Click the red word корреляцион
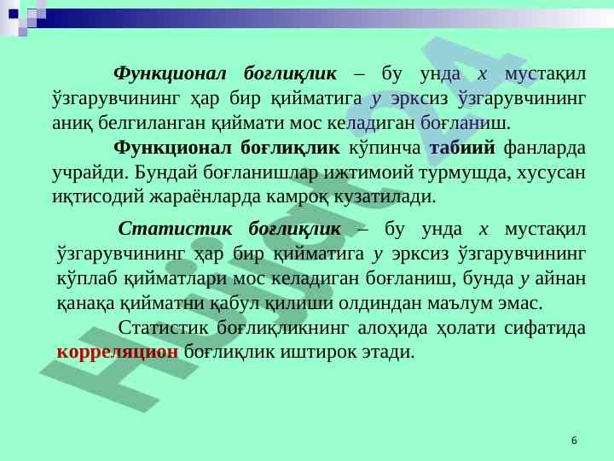click(x=118, y=353)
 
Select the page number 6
click(x=574, y=441)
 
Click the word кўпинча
click(x=385, y=149)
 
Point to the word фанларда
click(x=545, y=149)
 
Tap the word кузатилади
click(x=385, y=197)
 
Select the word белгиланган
click(x=152, y=124)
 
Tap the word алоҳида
click(x=392, y=328)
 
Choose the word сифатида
click(x=545, y=328)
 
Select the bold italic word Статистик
click(x=175, y=229)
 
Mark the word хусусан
click(x=552, y=172)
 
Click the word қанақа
click(x=86, y=303)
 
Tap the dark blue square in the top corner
click(x=14, y=15)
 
